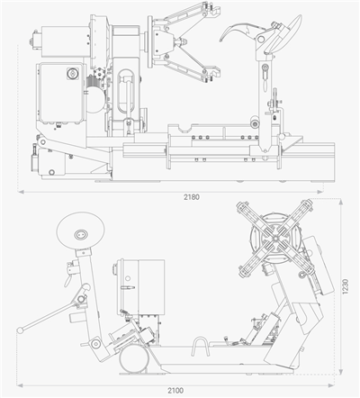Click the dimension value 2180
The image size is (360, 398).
192,197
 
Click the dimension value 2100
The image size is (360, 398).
175,391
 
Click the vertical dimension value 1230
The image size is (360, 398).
346,286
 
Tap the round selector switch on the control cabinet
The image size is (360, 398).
72,74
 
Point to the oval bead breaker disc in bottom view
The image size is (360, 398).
80,231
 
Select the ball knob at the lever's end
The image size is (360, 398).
21,330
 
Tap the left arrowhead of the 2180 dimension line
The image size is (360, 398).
21,192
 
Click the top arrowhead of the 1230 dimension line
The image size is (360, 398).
340,202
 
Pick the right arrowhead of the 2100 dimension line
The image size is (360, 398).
331,385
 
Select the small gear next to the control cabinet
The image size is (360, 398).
98,73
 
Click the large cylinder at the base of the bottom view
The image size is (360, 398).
134,359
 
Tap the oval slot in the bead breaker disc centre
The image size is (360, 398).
80,234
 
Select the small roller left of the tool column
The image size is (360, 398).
255,123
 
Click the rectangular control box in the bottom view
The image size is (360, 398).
141,287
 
